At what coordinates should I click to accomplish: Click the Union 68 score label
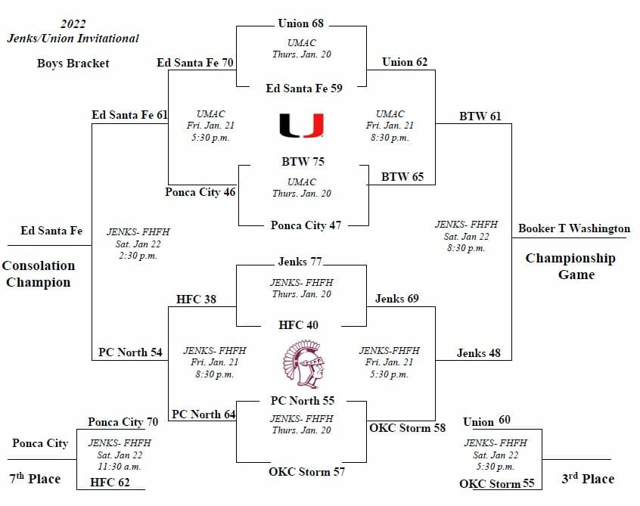pyautogui.click(x=301, y=23)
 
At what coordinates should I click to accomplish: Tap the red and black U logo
pyautogui.click(x=301, y=125)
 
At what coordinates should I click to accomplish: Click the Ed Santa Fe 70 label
pyautogui.click(x=194, y=62)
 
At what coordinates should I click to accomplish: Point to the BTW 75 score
pyautogui.click(x=302, y=161)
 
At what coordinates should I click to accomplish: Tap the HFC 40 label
pyautogui.click(x=299, y=325)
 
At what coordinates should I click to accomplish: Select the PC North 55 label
pyautogui.click(x=303, y=400)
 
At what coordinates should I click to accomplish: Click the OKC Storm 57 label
pyautogui.click(x=307, y=472)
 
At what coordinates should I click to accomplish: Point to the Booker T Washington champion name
pyautogui.click(x=574, y=228)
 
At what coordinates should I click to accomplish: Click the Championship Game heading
pyautogui.click(x=570, y=266)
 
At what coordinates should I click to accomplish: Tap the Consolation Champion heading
pyautogui.click(x=38, y=274)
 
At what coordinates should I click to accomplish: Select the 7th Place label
pyautogui.click(x=35, y=478)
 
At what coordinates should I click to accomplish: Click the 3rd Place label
pyautogui.click(x=588, y=478)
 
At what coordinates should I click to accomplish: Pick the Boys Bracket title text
pyautogui.click(x=73, y=63)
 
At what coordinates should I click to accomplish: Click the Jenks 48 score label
pyautogui.click(x=479, y=352)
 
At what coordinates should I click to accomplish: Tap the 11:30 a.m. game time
pyautogui.click(x=120, y=467)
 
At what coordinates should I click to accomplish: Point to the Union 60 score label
pyautogui.click(x=486, y=421)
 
